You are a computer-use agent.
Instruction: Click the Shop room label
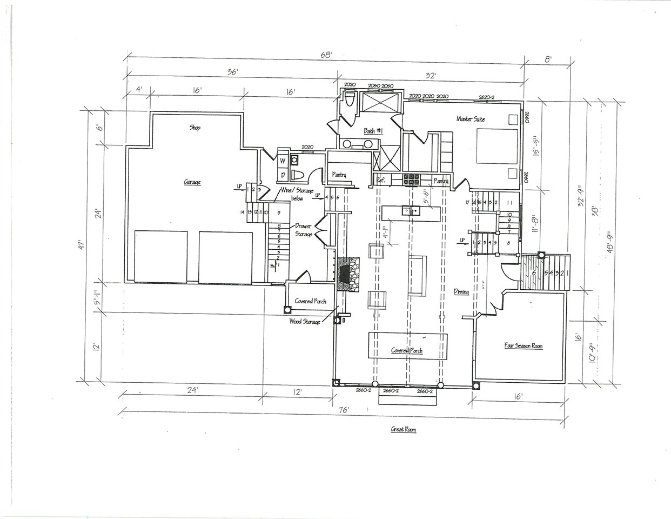pos(195,128)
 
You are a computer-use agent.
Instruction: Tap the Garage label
pos(192,182)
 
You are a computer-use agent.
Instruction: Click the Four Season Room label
pos(523,346)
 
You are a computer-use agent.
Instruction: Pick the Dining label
pos(461,291)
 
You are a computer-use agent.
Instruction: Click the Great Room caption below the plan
pos(404,430)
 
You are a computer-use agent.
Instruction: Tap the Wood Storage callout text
pos(304,321)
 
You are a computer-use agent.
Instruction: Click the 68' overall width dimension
pos(325,54)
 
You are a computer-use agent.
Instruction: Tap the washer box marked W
pos(281,161)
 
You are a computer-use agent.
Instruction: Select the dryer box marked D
pos(281,175)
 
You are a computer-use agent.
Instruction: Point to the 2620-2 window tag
pos(486,97)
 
